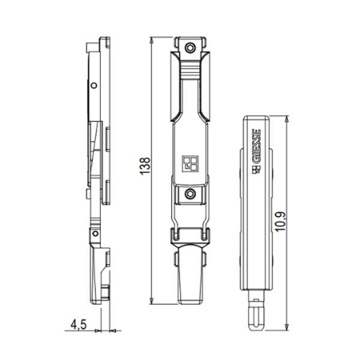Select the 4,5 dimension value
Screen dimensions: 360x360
coord(79,325)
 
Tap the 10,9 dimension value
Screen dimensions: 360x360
coord(280,222)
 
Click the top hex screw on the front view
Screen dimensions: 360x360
coord(190,48)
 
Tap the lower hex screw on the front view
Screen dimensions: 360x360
coord(190,193)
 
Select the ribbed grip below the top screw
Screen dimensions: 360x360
coord(190,72)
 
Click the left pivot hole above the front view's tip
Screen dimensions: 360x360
coord(176,235)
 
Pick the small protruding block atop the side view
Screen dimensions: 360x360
coord(90,46)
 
